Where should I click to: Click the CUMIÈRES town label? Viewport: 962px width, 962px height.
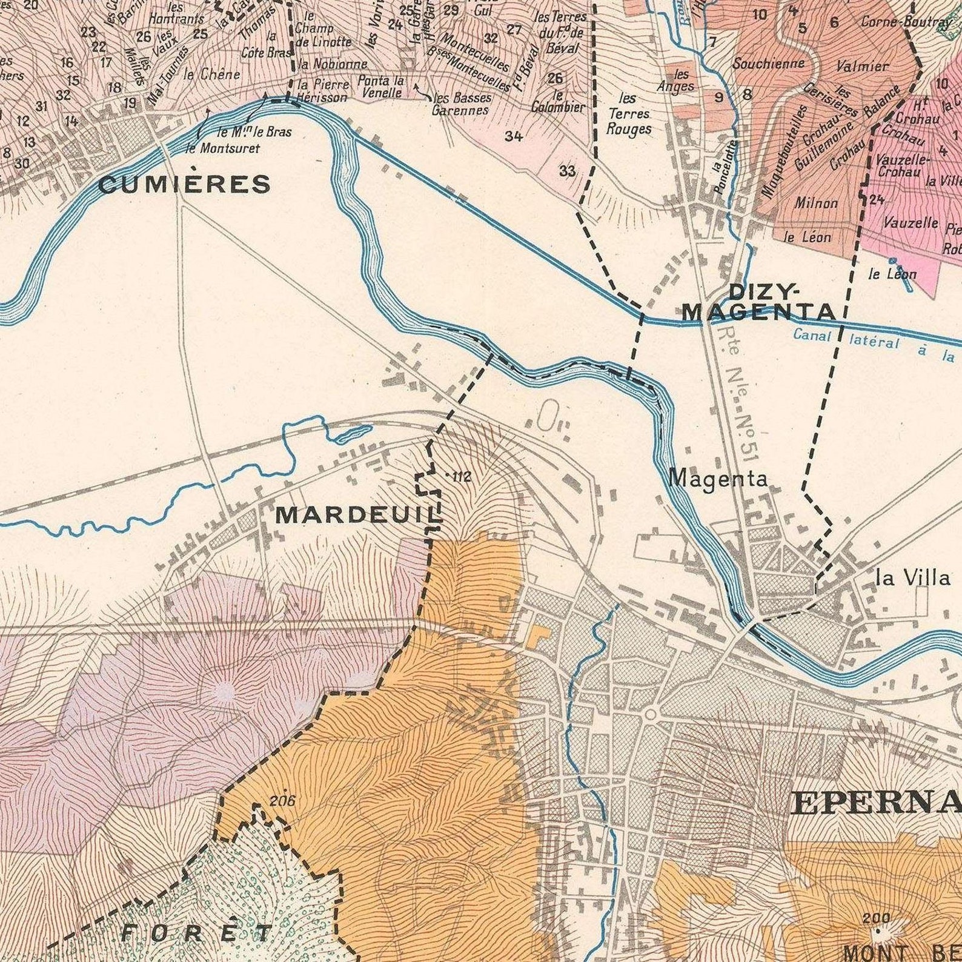184,184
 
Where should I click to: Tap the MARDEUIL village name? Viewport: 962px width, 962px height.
357,515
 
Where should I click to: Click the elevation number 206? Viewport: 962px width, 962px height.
282,801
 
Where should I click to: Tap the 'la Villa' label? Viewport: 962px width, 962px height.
913,578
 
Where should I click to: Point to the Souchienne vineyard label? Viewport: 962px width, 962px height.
768,63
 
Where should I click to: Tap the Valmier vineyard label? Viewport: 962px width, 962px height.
862,66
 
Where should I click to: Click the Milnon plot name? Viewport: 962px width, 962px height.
816,203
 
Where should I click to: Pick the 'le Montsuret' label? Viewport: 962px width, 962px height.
222,148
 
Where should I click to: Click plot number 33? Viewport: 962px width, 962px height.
567,171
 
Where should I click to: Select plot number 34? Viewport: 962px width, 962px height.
513,136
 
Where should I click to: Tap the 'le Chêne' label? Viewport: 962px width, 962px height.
211,75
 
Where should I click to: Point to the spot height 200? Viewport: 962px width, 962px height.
876,918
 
